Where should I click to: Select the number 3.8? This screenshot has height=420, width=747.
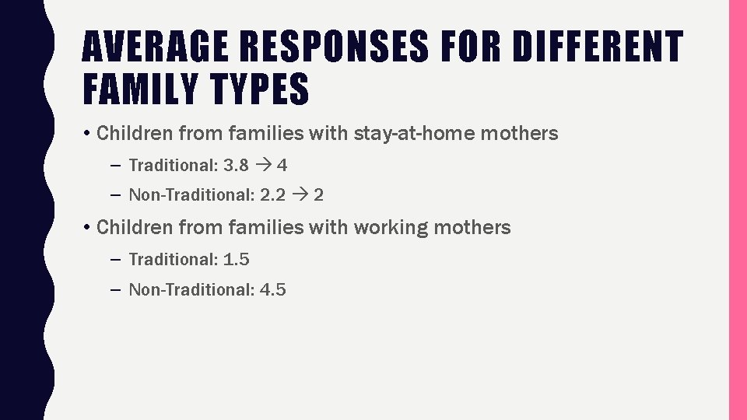(x=237, y=165)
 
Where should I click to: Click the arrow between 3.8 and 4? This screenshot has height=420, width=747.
(x=265, y=165)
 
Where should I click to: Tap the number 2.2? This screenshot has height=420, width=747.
(x=272, y=195)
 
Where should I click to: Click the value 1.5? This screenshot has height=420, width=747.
(x=237, y=259)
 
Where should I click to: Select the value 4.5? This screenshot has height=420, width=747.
(x=272, y=290)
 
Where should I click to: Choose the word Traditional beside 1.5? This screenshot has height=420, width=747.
(x=171, y=259)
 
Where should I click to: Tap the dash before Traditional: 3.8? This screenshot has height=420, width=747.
(x=115, y=165)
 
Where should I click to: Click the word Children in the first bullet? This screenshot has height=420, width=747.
(x=135, y=134)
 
